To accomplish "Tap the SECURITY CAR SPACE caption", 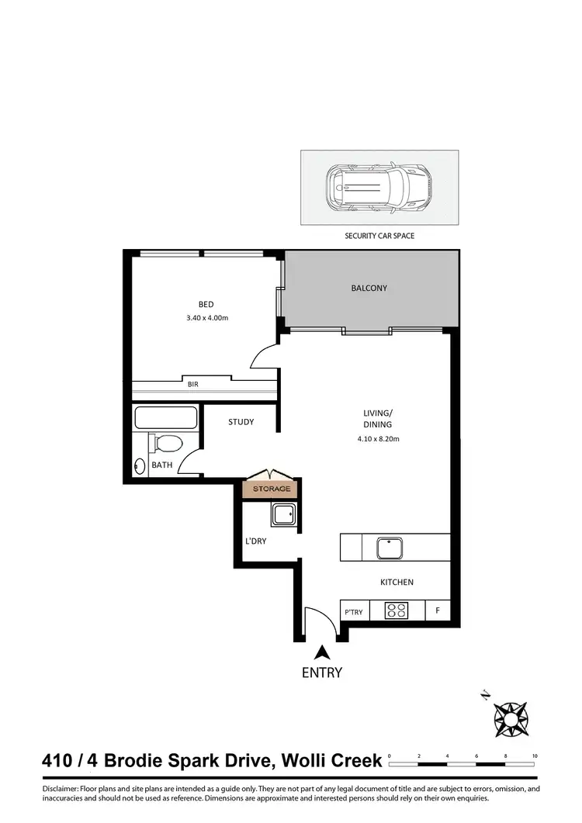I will click(379, 235).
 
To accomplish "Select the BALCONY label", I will click(369, 288).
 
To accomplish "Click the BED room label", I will click(206, 304).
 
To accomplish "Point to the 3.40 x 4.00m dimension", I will click(206, 318).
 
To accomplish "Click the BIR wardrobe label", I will click(192, 383).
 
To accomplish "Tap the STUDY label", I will click(241, 422).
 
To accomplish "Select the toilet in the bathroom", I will click(165, 444).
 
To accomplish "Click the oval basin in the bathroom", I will click(140, 466).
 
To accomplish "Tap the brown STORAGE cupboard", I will click(271, 489).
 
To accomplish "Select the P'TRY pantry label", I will click(354, 612).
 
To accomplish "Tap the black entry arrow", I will click(321, 653).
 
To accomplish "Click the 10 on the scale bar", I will click(535, 756).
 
